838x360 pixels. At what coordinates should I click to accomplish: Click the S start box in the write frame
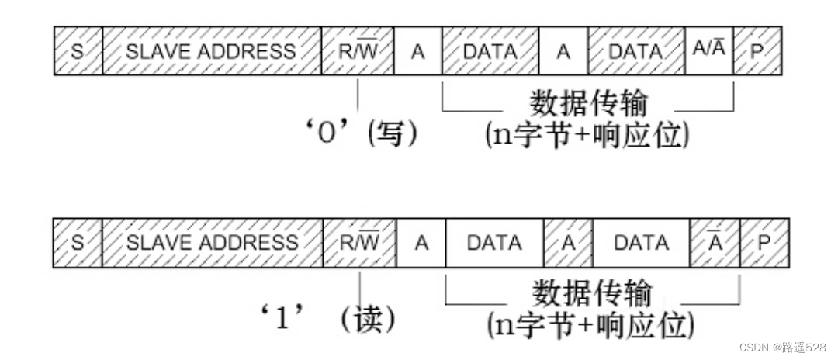(x=78, y=51)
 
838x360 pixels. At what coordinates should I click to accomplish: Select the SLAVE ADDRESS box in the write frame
(x=211, y=51)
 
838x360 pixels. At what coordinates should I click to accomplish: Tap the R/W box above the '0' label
(x=357, y=51)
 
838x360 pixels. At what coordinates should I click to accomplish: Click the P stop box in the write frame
(x=757, y=51)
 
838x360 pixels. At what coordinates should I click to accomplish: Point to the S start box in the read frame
(x=78, y=243)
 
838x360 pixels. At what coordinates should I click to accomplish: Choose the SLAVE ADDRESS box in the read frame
(x=212, y=243)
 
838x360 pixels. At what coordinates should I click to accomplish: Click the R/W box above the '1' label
(x=359, y=243)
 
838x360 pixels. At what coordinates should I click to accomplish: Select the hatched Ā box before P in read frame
(x=715, y=243)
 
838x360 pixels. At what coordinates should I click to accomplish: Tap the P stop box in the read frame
(x=764, y=243)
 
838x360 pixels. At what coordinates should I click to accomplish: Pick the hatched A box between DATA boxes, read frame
(x=568, y=243)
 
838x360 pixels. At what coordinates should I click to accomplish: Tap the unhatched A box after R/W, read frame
(x=421, y=243)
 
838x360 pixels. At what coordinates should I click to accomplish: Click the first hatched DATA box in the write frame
(x=490, y=51)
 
